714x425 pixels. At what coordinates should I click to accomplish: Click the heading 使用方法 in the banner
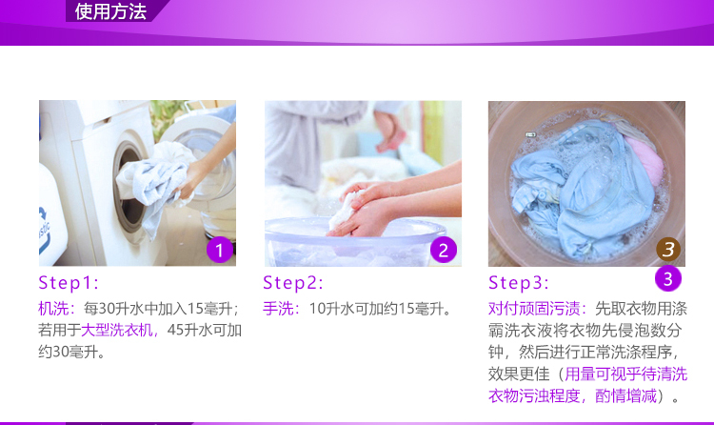coord(110,11)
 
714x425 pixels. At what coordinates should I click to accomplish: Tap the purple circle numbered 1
coord(220,250)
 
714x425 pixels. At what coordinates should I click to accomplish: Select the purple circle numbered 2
coord(444,250)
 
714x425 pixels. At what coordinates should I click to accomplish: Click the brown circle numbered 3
coord(668,249)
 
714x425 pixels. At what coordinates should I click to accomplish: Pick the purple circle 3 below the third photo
coord(668,278)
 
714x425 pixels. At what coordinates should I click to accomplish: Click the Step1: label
coord(69,283)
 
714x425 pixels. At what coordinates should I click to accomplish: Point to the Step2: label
coord(293,283)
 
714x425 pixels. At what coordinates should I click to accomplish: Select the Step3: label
coord(518,283)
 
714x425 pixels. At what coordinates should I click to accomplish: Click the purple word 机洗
coord(53,309)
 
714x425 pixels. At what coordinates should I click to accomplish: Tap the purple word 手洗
coord(278,309)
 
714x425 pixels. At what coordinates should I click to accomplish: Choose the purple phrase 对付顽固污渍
coord(534,309)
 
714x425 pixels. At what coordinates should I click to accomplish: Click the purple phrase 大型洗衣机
coord(116,330)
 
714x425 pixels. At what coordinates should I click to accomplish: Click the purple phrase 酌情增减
coord(625,395)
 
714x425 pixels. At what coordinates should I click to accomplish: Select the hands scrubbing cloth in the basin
coord(365,208)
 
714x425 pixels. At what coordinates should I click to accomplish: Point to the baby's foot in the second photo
coord(390,140)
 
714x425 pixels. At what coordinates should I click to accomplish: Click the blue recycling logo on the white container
coord(44,231)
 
